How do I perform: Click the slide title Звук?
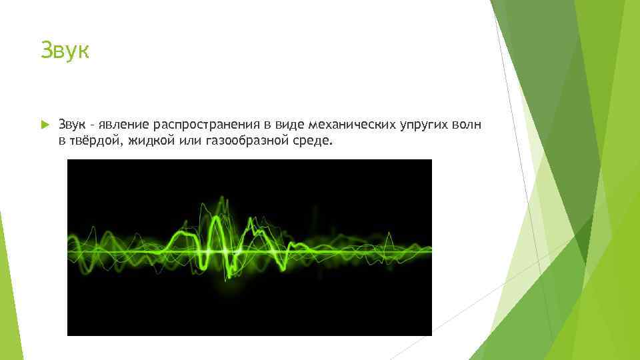[x=64, y=50]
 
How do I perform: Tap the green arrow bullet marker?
[x=44, y=125]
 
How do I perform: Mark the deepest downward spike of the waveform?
[x=229, y=276]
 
